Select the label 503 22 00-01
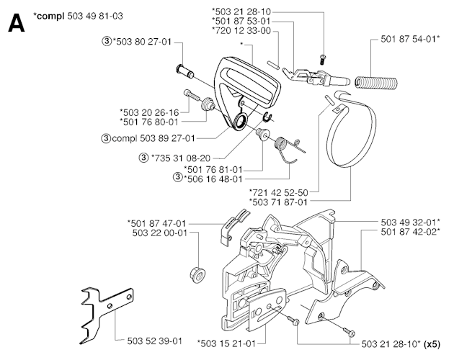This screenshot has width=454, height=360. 159,232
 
